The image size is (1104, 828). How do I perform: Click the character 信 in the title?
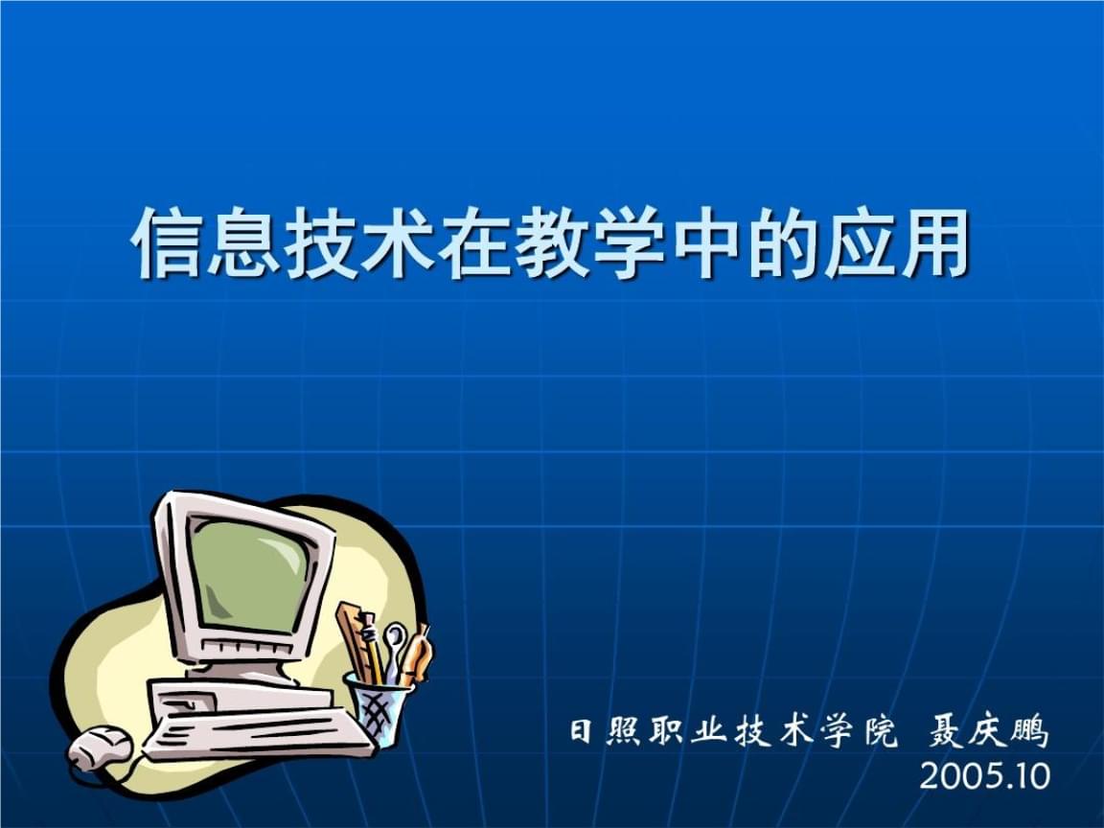click(168, 241)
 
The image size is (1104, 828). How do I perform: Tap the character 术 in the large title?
click(397, 241)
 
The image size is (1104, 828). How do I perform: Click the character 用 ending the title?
click(933, 241)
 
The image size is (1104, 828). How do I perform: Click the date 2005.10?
click(984, 776)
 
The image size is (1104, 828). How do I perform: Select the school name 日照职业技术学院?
click(734, 732)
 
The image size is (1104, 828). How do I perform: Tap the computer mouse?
click(100, 747)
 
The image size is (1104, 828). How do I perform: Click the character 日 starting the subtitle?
click(582, 732)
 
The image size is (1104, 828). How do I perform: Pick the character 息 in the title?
click(243, 241)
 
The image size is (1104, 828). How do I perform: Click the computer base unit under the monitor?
click(240, 697)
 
